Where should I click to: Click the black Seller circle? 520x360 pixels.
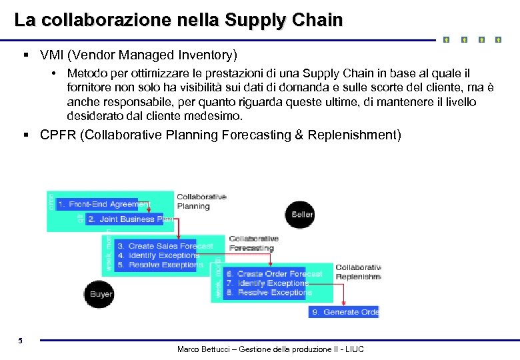click(x=301, y=214)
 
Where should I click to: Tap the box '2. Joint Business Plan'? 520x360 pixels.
click(x=129, y=219)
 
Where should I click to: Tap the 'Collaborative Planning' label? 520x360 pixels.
click(x=201, y=201)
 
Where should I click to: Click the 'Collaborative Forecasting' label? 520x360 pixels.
click(x=253, y=243)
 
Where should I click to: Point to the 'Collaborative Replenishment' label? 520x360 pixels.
click(x=358, y=272)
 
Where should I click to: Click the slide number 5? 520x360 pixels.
click(x=21, y=341)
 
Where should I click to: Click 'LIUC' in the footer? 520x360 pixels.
click(x=352, y=350)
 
